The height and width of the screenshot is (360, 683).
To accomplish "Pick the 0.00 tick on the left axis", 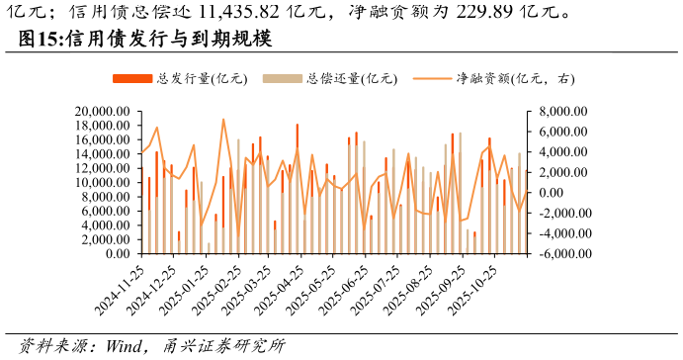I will coord(121,254).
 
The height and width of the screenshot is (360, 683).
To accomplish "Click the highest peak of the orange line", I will coord(223,120).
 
